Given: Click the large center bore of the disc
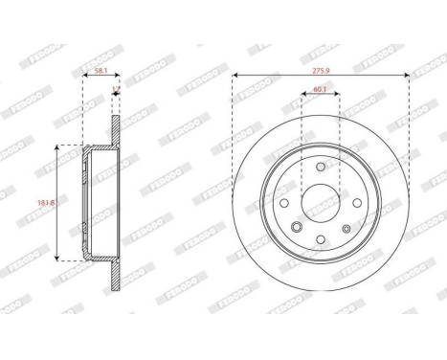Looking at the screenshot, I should tap(321, 202).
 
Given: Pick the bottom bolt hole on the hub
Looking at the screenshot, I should tap(321, 239).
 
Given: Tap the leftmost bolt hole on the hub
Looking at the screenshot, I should tap(283, 202).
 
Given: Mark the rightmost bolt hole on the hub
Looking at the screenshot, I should tap(358, 202).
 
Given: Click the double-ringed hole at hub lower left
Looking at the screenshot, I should tap(298, 227).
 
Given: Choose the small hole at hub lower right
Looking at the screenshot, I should tap(346, 227).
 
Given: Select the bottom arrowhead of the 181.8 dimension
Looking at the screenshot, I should tap(62, 259).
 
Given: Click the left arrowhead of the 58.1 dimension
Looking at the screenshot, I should tap(85, 79).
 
